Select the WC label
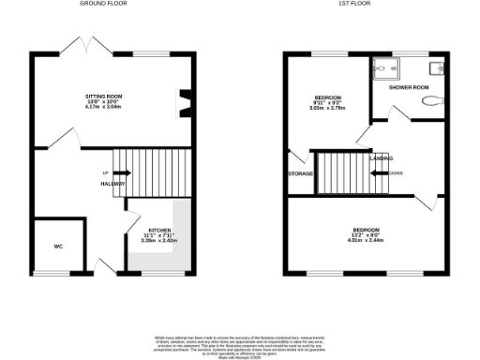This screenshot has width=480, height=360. pyautogui.click(x=58, y=247)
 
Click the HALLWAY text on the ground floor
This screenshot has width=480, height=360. pyautogui.click(x=113, y=185)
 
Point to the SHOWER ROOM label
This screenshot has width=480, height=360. pyautogui.click(x=409, y=87)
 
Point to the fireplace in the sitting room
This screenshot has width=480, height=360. pyautogui.click(x=185, y=98)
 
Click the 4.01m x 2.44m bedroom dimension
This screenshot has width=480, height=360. pyautogui.click(x=366, y=240)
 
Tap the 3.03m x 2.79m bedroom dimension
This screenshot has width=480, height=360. pyautogui.click(x=328, y=109)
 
